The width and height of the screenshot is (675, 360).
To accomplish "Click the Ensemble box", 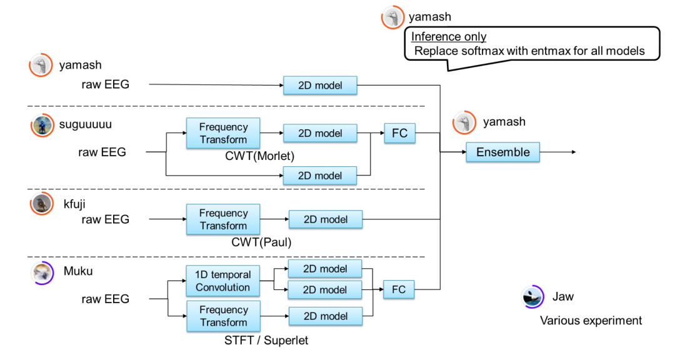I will click(502, 152).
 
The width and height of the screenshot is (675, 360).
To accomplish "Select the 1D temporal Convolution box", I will click(223, 281).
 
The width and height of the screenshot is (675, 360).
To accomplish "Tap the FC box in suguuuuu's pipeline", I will click(399, 132).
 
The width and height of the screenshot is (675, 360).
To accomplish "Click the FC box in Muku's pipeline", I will click(399, 289).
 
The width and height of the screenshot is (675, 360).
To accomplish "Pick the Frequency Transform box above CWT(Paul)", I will click(223, 219).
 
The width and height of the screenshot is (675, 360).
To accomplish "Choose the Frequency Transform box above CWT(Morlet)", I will click(223, 133).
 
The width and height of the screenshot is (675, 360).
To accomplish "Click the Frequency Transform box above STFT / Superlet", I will click(223, 316).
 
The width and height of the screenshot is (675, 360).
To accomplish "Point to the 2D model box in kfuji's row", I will click(326, 219).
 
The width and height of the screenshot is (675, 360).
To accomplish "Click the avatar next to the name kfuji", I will click(42, 204).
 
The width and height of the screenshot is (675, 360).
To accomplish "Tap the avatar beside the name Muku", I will click(42, 274).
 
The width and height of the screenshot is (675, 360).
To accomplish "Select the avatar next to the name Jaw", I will click(532, 297).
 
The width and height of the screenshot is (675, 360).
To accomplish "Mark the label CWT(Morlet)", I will click(259, 156).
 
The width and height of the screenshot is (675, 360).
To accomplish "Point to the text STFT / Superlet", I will click(266, 340).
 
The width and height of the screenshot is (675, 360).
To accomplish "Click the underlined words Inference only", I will click(449, 37).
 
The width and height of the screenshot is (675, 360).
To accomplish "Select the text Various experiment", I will click(591, 321).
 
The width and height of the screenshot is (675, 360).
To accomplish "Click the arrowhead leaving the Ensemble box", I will click(572, 152).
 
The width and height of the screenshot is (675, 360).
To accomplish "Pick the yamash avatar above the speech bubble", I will click(392, 17).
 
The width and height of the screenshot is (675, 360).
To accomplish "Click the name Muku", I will click(77, 272).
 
